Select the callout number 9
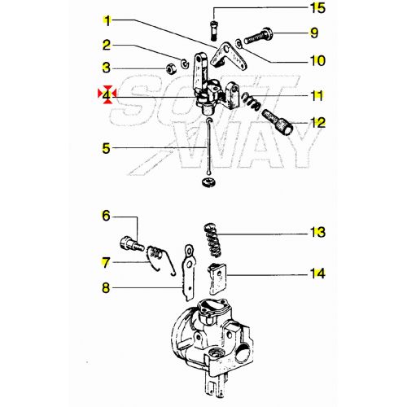click(x=313, y=33)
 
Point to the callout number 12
click(x=313, y=124)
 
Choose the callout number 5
click(x=107, y=148)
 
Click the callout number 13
click(x=313, y=232)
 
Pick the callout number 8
click(x=107, y=287)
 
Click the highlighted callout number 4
click(x=107, y=95)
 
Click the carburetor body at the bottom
click(x=210, y=334)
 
